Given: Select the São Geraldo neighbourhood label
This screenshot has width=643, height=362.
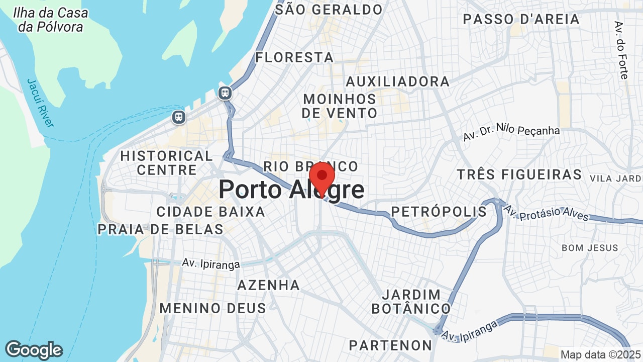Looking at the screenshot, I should point(329,10).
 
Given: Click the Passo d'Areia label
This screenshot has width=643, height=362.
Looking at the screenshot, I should point(521,20).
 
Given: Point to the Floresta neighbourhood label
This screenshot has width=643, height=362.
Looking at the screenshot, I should point(294,57).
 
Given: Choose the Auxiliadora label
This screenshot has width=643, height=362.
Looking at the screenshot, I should point(397,81).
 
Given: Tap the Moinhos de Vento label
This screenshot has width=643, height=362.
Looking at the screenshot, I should point(340,106).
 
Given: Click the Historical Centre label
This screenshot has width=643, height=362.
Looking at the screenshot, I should point(167,163).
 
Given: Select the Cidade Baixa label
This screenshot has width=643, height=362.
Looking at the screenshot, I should point(211,212).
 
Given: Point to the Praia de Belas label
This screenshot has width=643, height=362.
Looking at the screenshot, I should point(160,229).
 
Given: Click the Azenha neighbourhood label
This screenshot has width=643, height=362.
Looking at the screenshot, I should point(268,285).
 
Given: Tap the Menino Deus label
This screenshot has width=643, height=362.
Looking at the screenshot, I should point(213,308).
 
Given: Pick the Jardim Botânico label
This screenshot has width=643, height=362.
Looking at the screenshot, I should point(411,301).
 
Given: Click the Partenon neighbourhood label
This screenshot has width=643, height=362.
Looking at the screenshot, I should point(390,345).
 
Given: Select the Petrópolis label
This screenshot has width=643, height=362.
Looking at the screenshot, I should point(439,212).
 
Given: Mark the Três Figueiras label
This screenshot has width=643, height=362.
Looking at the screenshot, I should point(519,174).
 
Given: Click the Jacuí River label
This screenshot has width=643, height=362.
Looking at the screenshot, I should point(40,103).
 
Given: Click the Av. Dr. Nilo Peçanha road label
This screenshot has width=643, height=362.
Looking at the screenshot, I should point(511,133).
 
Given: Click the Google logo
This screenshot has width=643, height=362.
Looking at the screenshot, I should point(34,350).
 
